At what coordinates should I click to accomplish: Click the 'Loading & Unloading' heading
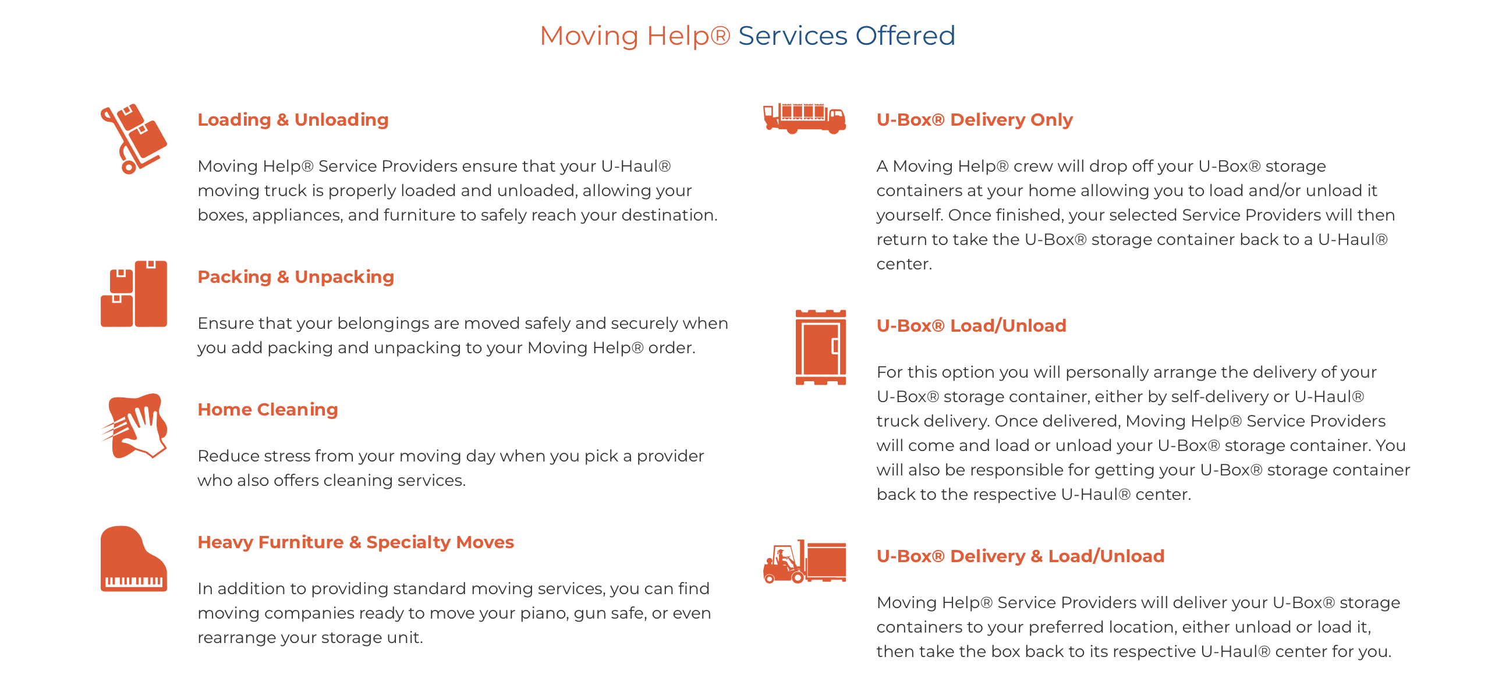[x=293, y=119]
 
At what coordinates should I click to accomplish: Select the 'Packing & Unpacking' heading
[x=296, y=276]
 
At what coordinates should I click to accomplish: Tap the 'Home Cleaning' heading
[x=268, y=409]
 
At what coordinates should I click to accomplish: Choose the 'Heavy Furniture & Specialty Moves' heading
[x=356, y=542]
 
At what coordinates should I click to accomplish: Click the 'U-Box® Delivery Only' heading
[x=975, y=119]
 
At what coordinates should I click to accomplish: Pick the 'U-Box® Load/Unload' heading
[x=971, y=325]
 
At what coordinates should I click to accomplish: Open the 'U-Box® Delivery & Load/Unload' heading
[x=1020, y=556]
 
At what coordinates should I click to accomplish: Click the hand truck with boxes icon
[x=133, y=139]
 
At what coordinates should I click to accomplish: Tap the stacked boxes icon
[x=134, y=294]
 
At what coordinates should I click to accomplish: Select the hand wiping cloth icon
[x=134, y=426]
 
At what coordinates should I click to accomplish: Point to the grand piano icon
[x=134, y=559]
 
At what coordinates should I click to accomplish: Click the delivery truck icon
[x=805, y=118]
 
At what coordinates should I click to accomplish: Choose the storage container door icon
[x=821, y=347]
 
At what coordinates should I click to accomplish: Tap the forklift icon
[x=805, y=562]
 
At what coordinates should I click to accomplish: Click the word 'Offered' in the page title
[x=905, y=35]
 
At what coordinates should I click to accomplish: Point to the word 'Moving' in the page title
[x=589, y=37]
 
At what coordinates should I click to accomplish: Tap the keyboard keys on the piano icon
[x=134, y=581]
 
